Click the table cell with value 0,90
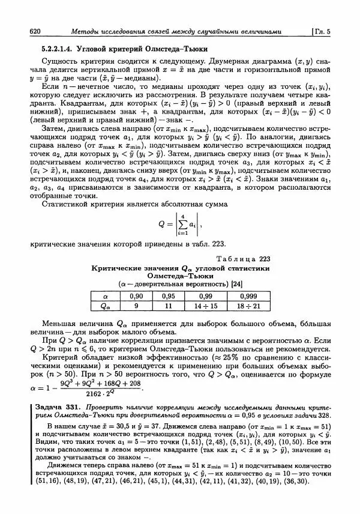click(x=136, y=296)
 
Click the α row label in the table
click(x=106, y=296)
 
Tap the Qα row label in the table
click(x=106, y=306)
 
